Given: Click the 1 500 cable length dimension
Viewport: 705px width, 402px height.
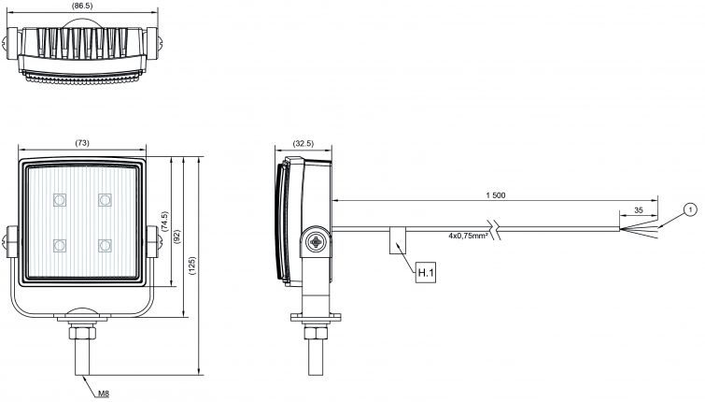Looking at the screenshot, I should click(495, 194).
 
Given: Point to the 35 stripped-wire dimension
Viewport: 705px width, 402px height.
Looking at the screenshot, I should click(638, 210).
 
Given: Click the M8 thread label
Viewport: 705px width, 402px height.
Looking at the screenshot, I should click(103, 394).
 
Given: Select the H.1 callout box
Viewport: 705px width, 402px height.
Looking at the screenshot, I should click(425, 273).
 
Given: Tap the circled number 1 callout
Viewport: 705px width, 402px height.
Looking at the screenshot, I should click(689, 209).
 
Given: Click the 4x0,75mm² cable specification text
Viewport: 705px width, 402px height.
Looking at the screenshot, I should click(468, 236).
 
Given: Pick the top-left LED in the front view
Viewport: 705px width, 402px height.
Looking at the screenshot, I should click(60, 199).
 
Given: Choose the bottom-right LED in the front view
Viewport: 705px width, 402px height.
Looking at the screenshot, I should click(104, 245).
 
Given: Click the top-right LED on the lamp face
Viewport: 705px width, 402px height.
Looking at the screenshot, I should click(104, 199).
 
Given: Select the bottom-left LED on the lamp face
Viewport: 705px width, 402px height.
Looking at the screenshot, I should click(60, 245).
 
